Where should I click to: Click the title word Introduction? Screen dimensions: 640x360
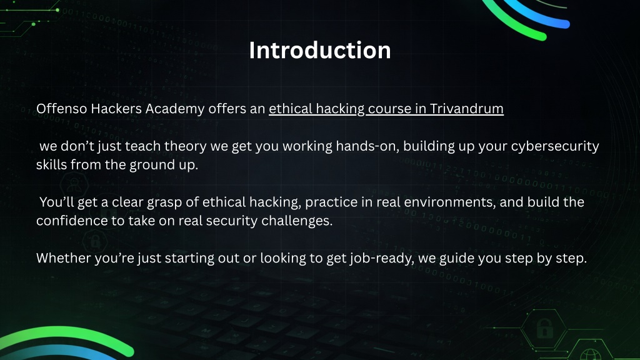pos(320,50)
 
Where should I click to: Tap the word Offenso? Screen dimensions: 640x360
pos(61,109)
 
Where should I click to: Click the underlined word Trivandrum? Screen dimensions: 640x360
pos(466,109)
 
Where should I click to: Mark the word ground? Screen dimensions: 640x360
pos(151,165)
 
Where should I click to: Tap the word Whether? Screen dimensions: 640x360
pos(64,258)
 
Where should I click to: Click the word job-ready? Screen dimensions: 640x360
pos(381,259)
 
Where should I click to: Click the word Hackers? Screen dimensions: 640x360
pos(116,109)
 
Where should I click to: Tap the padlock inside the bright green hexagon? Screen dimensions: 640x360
pos(544,327)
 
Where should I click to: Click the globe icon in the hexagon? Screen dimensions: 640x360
pos(590,355)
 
